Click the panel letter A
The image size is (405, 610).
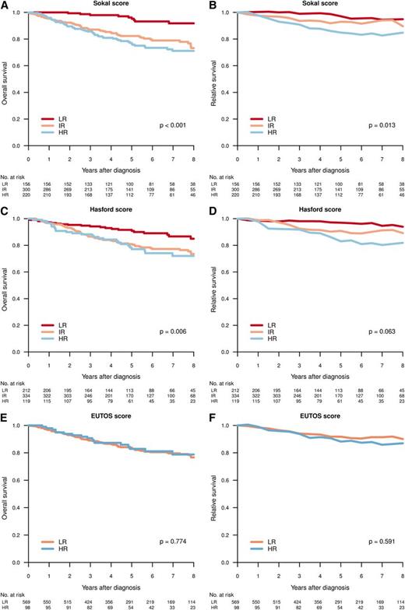coord(5,5)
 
